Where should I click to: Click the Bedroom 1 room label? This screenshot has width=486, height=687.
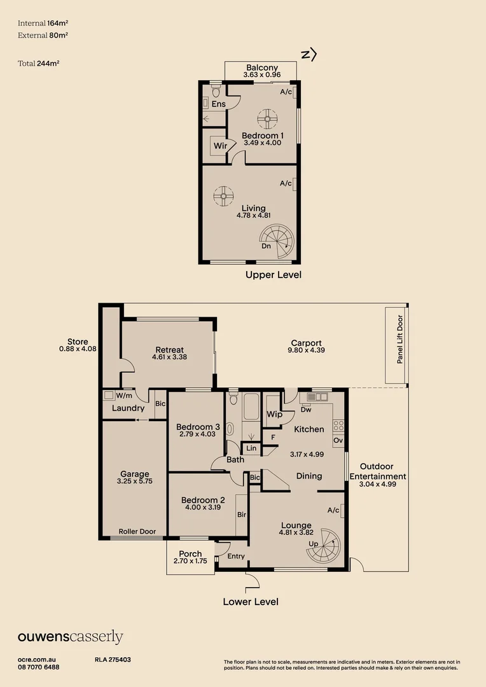click(x=263, y=136)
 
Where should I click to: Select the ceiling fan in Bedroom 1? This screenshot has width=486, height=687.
click(x=267, y=119)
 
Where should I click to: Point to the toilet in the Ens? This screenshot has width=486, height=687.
click(x=216, y=92)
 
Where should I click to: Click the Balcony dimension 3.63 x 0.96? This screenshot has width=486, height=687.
click(x=262, y=75)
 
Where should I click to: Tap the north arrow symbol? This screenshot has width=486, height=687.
click(x=309, y=54)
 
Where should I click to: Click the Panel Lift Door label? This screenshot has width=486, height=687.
click(x=399, y=339)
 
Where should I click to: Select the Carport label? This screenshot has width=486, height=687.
click(x=307, y=343)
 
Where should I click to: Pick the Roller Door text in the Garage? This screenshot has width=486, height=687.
click(x=137, y=531)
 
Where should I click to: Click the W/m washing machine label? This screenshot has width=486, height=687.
click(x=124, y=396)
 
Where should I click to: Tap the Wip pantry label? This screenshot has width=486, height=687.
click(x=275, y=414)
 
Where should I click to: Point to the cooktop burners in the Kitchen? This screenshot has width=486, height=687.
click(x=338, y=426)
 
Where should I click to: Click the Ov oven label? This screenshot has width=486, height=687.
click(x=338, y=440)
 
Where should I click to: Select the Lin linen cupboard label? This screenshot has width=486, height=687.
click(x=251, y=448)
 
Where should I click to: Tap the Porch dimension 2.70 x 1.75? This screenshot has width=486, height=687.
click(x=190, y=561)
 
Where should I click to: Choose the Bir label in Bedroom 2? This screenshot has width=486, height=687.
click(x=242, y=515)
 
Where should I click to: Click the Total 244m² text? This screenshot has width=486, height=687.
click(x=39, y=64)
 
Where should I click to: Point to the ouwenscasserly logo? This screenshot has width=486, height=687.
click(x=70, y=637)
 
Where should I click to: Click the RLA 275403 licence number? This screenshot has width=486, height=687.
click(x=113, y=660)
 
